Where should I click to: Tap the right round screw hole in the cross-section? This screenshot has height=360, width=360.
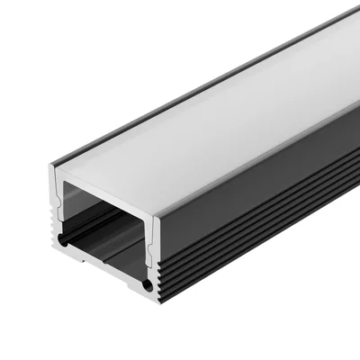(144, 285)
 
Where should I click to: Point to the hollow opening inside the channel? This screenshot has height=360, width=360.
(103, 220)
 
